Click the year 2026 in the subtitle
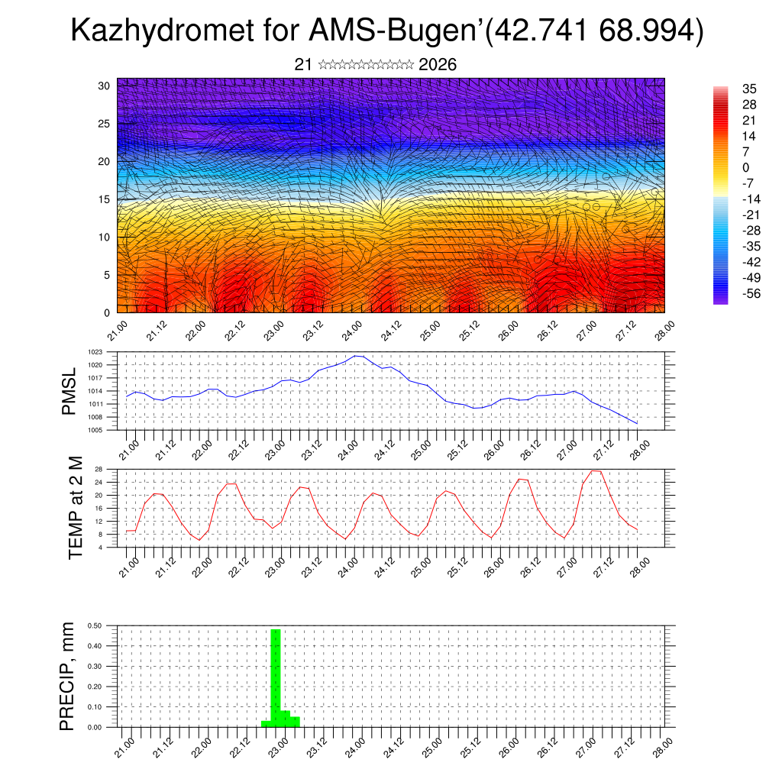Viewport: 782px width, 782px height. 438,65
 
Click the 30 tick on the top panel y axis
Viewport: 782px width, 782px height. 105,86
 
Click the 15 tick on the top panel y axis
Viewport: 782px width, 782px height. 105,199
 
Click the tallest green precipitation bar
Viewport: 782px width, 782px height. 276,676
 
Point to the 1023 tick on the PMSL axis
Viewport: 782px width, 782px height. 95,352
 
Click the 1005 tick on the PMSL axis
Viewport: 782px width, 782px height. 95,431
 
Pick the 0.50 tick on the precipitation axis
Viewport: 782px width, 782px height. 95,625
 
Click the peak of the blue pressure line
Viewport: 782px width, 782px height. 357,356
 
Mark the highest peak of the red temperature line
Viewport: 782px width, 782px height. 596,470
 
